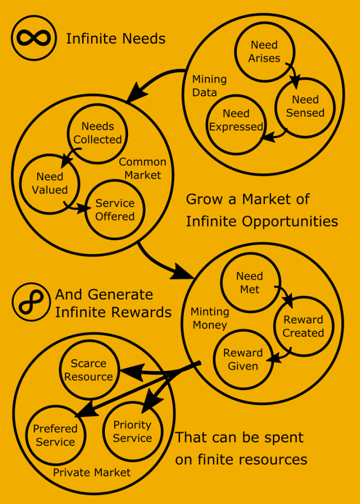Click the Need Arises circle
click(x=264, y=52)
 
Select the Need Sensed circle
click(x=305, y=106)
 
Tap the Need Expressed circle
click(x=236, y=121)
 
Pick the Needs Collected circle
click(x=98, y=133)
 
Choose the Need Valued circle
click(x=50, y=183)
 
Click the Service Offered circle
click(x=115, y=210)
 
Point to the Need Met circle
click(x=250, y=283)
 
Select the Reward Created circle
click(x=303, y=326)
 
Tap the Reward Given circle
click(x=243, y=359)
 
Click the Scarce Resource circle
click(x=89, y=370)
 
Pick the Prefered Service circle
click(x=56, y=436)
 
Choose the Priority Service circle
click(x=132, y=432)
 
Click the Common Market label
click(x=143, y=168)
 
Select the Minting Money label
click(x=210, y=318)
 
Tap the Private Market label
click(x=92, y=473)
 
